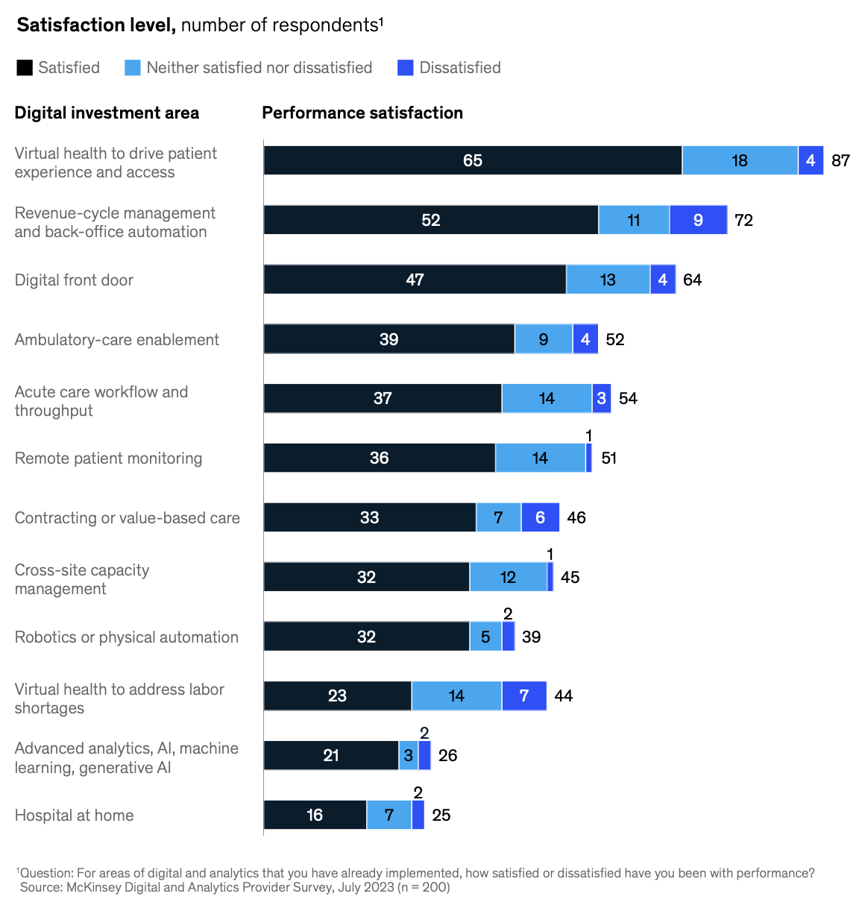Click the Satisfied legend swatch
pyautogui.click(x=25, y=68)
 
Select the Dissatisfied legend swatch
pyautogui.click(x=405, y=68)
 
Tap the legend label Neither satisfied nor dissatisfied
pyautogui.click(x=259, y=68)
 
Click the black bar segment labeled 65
pyautogui.click(x=472, y=160)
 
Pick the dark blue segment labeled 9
pyautogui.click(x=698, y=220)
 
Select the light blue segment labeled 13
pyautogui.click(x=608, y=280)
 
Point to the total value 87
pyautogui.click(x=840, y=160)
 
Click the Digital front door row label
pyautogui.click(x=74, y=280)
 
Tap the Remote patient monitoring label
pyautogui.click(x=108, y=458)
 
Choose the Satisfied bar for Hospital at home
pyautogui.click(x=315, y=815)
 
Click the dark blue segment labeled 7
pyautogui.click(x=524, y=696)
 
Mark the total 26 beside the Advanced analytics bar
pyautogui.click(x=447, y=755)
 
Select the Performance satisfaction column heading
pyautogui.click(x=362, y=113)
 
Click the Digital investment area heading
pyautogui.click(x=107, y=113)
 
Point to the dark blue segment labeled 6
pyautogui.click(x=540, y=517)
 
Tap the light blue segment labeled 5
pyautogui.click(x=485, y=637)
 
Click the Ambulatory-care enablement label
pyautogui.click(x=117, y=340)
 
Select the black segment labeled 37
pyautogui.click(x=383, y=398)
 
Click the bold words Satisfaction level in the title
pyautogui.click(x=96, y=25)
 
